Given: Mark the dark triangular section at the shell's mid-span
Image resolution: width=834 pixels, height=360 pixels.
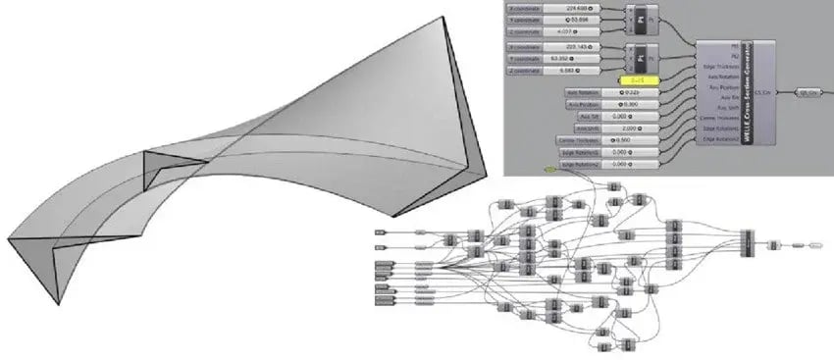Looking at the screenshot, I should pos(157,171).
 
